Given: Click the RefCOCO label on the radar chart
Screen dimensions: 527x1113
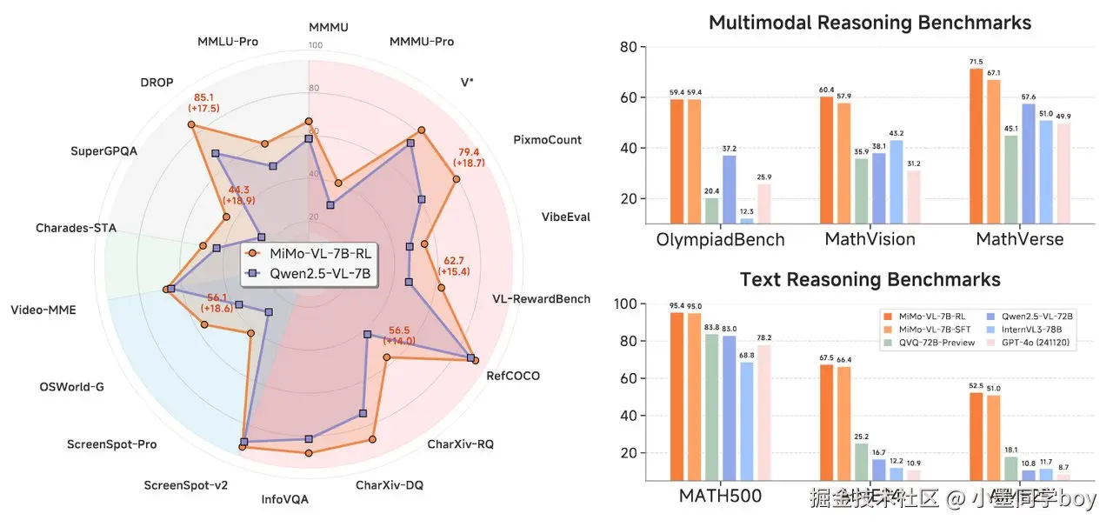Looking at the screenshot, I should coord(513,377).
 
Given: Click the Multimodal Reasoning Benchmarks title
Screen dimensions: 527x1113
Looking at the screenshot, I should coord(870,23).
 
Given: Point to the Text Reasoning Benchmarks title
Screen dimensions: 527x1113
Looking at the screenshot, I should coord(870,280).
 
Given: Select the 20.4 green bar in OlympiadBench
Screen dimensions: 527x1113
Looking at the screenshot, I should coord(712,210).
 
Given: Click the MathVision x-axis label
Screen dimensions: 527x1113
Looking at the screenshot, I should coord(870,239).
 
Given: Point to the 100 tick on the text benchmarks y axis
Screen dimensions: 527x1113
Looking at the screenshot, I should coord(625,305).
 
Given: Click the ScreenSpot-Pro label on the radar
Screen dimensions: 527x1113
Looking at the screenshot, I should coord(112,444).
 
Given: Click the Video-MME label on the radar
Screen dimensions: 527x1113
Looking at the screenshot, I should coord(43,309).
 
